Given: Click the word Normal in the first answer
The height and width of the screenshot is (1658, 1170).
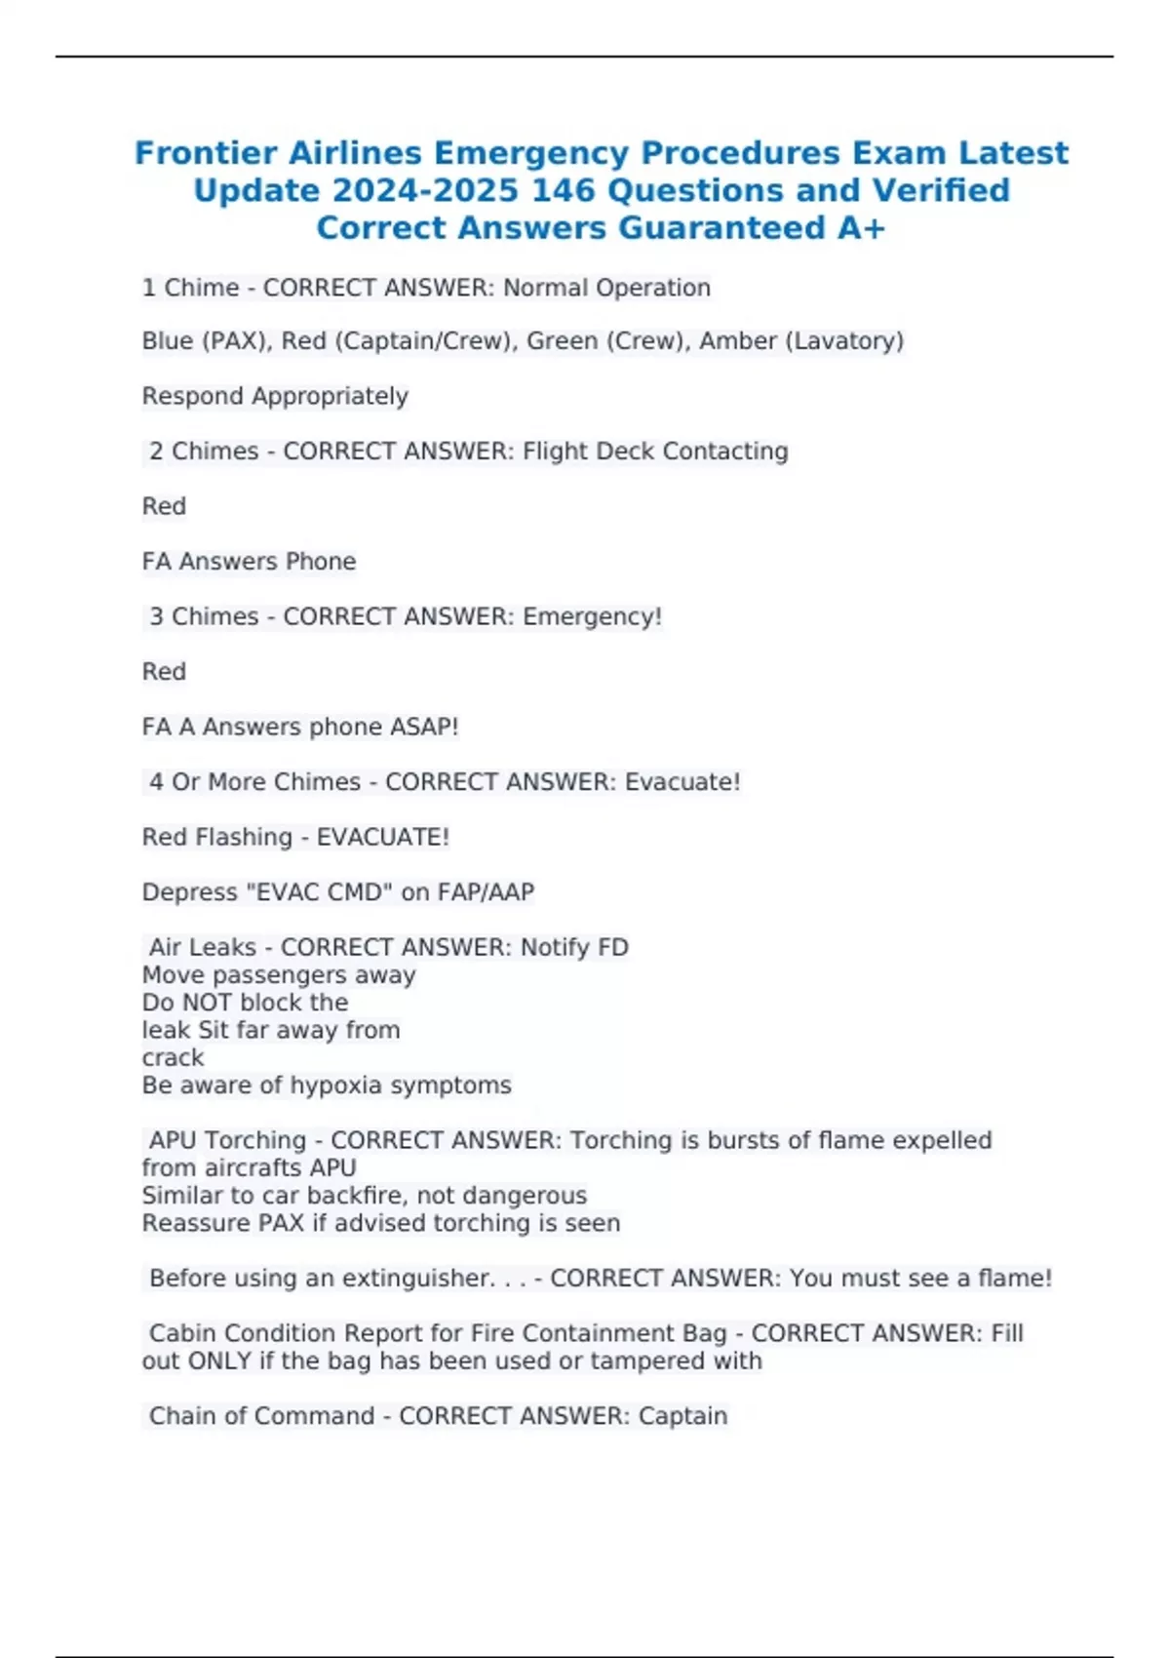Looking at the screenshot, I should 545,288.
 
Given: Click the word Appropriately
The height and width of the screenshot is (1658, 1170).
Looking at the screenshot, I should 330,396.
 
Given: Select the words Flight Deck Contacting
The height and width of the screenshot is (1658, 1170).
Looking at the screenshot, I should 655,451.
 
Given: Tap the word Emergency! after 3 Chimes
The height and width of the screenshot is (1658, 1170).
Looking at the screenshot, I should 592,616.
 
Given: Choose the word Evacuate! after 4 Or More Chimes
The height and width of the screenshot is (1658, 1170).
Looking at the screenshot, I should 682,781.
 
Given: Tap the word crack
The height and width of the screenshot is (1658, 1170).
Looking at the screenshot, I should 173,1057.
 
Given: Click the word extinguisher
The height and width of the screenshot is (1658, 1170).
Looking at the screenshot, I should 417,1278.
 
